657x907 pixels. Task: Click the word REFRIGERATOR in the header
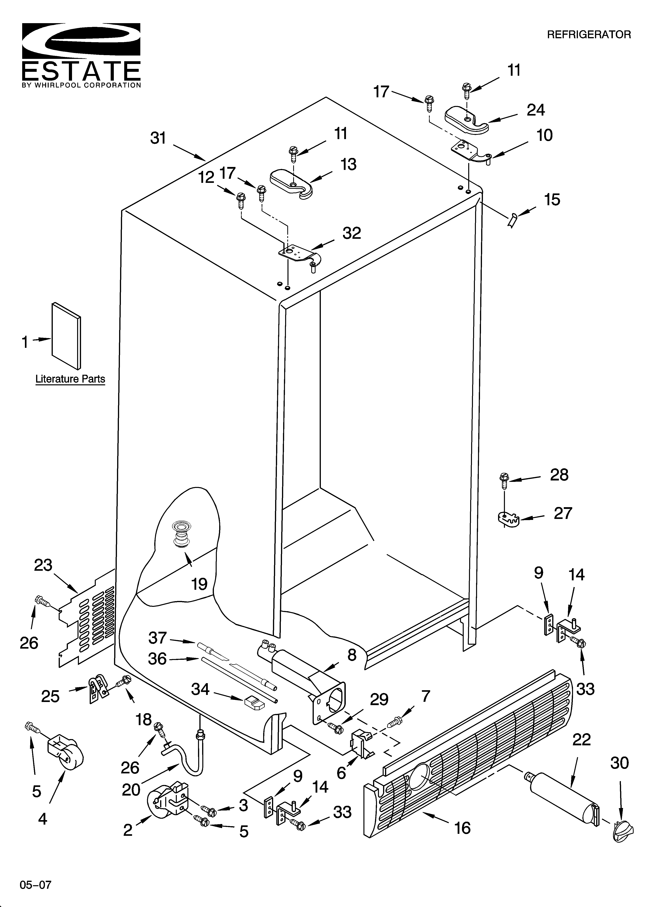pyautogui.click(x=589, y=35)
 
